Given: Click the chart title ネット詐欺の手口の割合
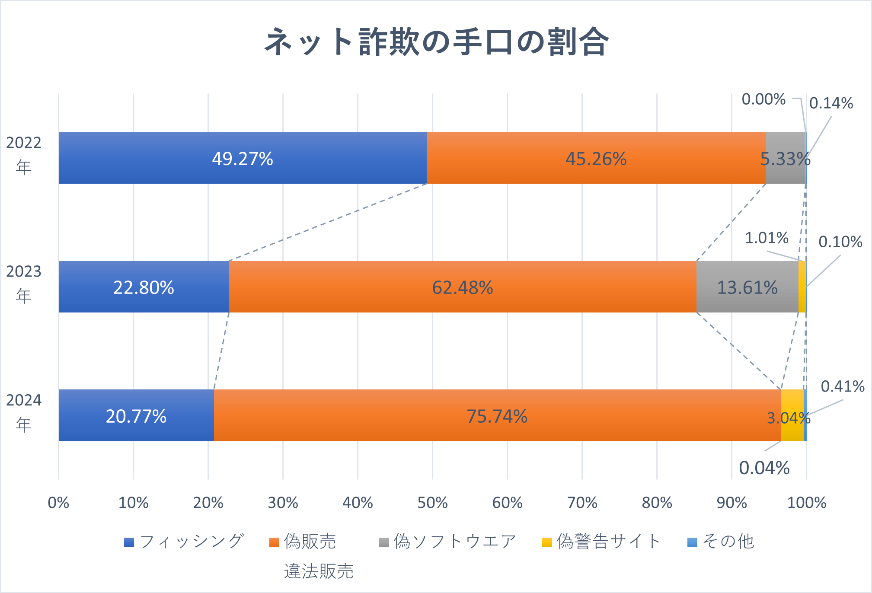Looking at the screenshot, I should (x=436, y=42).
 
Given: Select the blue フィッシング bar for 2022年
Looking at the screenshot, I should (x=243, y=158).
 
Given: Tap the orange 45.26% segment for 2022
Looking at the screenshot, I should (x=596, y=158).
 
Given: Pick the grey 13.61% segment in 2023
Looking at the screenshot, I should (x=747, y=287).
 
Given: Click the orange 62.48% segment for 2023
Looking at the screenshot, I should (x=463, y=287).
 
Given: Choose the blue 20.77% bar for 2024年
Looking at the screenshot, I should (x=136, y=416).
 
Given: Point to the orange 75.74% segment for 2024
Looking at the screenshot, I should (x=497, y=416).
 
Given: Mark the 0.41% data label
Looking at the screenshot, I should (x=842, y=386).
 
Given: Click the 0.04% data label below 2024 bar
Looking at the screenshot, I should (x=764, y=468).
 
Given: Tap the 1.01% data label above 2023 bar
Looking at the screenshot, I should (x=766, y=238).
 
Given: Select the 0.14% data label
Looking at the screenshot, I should (x=830, y=103).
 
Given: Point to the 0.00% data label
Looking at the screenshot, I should (x=763, y=99).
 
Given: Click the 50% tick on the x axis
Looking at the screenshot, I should (x=432, y=503).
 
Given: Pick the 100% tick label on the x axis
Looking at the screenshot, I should (x=806, y=503).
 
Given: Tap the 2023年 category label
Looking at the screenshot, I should (x=24, y=284).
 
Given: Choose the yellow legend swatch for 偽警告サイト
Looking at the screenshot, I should (x=547, y=542).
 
